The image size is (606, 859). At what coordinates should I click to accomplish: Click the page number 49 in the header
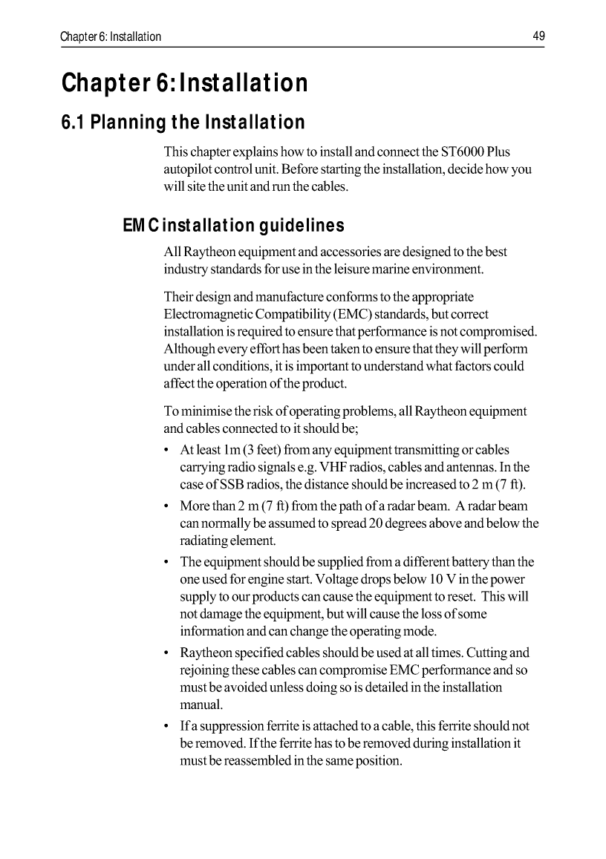click(x=538, y=36)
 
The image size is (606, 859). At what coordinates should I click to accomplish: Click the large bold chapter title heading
click(x=184, y=82)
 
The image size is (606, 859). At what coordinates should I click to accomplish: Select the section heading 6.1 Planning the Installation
click(x=183, y=122)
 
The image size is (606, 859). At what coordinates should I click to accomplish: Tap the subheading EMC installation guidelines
click(x=233, y=225)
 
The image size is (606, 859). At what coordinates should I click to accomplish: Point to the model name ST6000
click(x=463, y=152)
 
